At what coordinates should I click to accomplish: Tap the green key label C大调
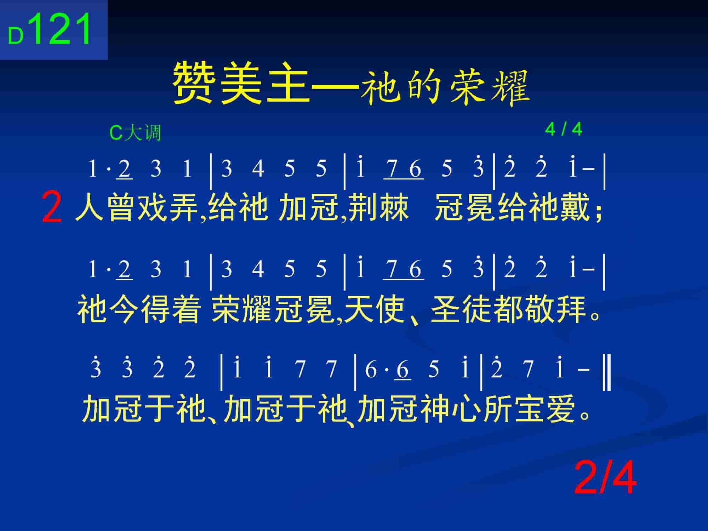tap(135, 133)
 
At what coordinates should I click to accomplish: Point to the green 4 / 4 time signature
tap(564, 129)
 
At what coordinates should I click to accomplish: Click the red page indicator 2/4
tap(605, 478)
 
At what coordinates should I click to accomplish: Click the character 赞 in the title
tap(194, 83)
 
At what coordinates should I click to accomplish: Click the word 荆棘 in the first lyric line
tap(378, 207)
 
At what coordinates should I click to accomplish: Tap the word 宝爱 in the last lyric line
tap(545, 409)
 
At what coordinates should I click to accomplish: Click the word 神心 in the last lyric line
tap(451, 409)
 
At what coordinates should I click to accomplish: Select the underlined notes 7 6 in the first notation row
tap(404, 169)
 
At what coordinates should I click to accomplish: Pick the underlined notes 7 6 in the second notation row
tap(404, 270)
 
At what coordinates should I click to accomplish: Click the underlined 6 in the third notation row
tap(402, 370)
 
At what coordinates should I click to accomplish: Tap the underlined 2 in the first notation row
tap(125, 169)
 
